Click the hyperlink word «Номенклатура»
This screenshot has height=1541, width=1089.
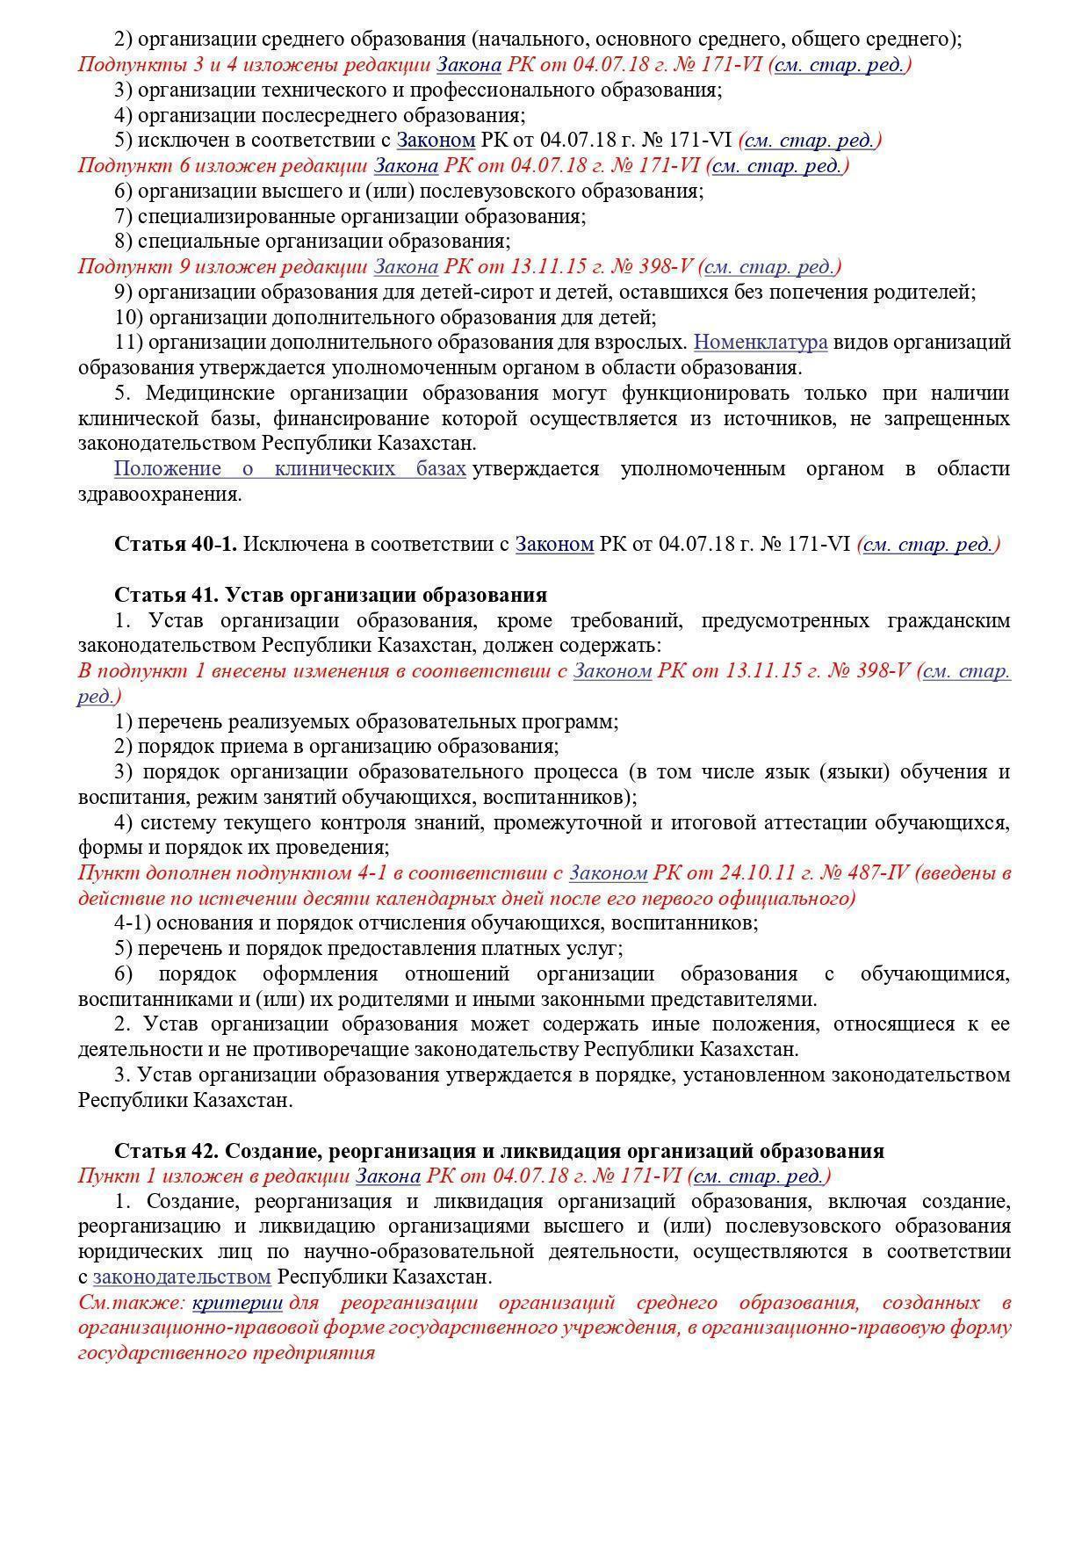pyautogui.click(x=761, y=342)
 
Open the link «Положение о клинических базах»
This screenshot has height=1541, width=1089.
pyautogui.click(x=290, y=468)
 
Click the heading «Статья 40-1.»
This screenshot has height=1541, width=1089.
pyautogui.click(x=176, y=545)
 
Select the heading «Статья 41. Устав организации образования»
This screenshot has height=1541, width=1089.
pyautogui.click(x=330, y=596)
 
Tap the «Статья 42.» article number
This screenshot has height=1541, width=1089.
pyautogui.click(x=168, y=1151)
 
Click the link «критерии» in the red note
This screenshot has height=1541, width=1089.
pyautogui.click(x=237, y=1303)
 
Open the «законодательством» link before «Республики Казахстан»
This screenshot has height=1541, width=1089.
pyautogui.click(x=182, y=1277)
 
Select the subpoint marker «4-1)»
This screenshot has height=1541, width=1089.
pyautogui.click(x=131, y=923)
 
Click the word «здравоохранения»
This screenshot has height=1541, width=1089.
pyautogui.click(x=159, y=494)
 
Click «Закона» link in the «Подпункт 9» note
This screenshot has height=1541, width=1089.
pyautogui.click(x=405, y=266)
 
